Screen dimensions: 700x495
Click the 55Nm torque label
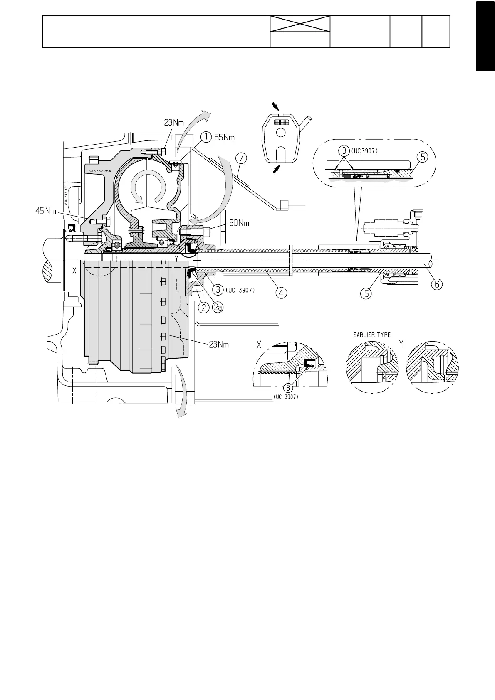[225, 136]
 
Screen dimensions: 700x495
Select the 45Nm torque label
[45, 211]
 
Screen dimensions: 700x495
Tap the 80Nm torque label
[239, 223]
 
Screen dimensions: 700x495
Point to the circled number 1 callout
[204, 136]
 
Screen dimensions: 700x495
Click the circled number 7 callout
[240, 158]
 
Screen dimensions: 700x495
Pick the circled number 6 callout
[436, 284]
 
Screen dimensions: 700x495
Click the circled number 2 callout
[203, 308]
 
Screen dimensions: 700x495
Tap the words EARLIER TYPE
[369, 335]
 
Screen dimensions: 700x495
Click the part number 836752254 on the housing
[99, 171]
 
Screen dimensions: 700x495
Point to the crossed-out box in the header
[300, 24]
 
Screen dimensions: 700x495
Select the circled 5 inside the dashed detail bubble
[422, 157]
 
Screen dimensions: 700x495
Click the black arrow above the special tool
[276, 107]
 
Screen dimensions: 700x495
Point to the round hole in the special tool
[281, 133]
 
